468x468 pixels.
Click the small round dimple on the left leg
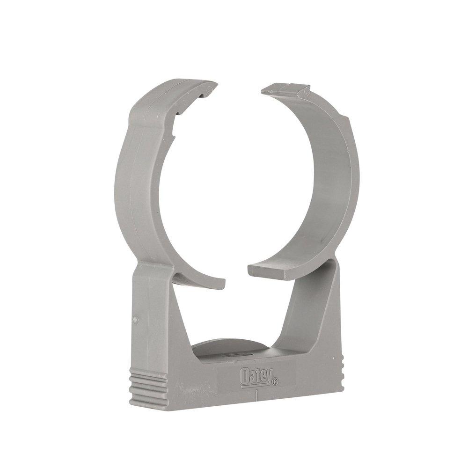click(135, 320)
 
